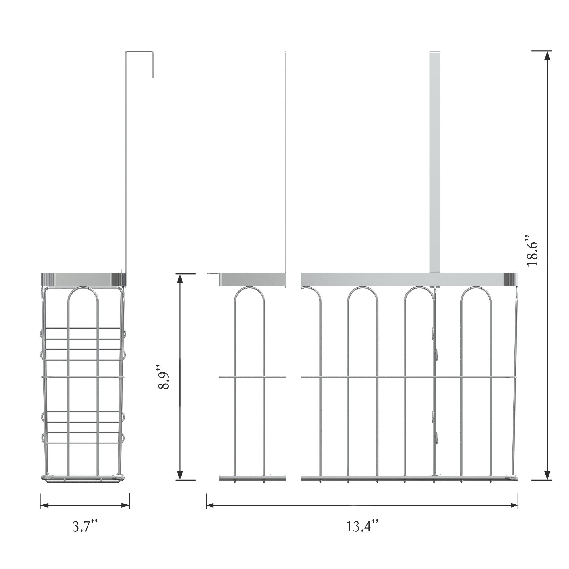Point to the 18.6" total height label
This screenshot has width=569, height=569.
click(x=533, y=251)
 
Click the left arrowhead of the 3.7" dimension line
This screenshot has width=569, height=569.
click(x=44, y=505)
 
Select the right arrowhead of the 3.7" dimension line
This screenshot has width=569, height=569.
click(x=125, y=505)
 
